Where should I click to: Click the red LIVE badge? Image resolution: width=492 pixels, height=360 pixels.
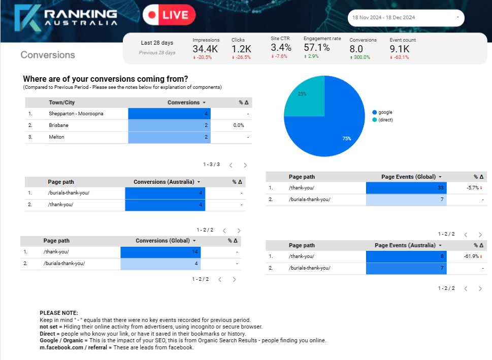coord(169,15)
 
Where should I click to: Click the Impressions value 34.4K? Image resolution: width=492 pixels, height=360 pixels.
coord(205,49)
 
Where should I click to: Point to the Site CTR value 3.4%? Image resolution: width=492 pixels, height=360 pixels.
coord(281,47)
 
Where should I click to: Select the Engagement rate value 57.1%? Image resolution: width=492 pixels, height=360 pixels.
coord(316,47)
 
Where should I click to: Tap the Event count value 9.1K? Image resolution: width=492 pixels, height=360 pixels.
coord(399,49)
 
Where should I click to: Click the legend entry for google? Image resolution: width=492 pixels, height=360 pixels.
coord(385,112)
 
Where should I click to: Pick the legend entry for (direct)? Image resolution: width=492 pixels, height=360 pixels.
coord(385,120)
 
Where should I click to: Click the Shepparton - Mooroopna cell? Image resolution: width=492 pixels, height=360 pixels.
coord(76,114)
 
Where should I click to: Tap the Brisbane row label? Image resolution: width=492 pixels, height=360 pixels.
coord(58,125)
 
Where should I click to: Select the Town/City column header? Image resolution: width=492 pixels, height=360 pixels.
coord(61,103)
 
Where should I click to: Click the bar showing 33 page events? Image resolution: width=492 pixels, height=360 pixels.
coord(406,188)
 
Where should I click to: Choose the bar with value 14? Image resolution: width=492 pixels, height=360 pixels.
coord(160,252)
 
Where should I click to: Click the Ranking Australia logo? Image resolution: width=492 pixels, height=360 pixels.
coord(66,16)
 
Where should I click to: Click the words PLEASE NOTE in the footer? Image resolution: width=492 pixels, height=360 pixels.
coord(59,313)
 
